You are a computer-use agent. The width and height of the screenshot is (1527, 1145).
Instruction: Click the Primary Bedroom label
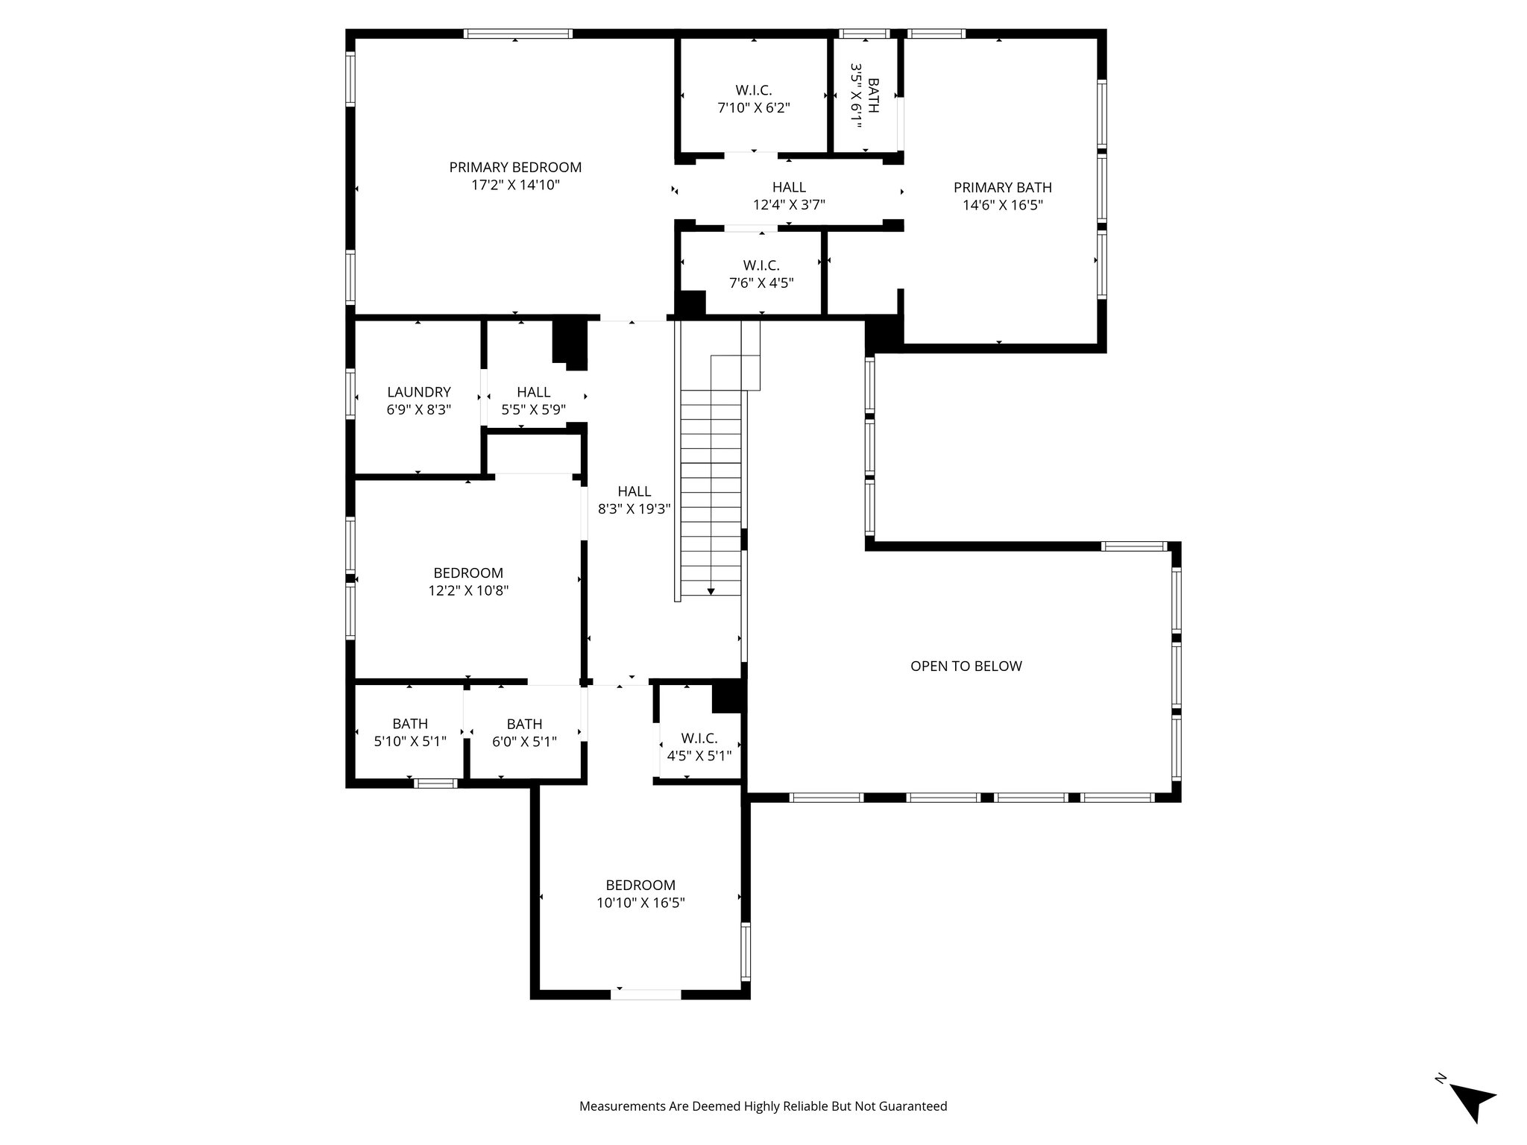point(515,168)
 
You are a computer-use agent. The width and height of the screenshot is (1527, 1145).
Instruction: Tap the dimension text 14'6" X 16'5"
point(1002,205)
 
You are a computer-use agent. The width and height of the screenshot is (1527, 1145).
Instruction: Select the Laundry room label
point(419,392)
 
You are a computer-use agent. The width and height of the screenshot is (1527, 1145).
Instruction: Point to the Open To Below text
point(966,666)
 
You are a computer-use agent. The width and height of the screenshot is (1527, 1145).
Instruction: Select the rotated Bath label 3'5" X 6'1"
point(865,96)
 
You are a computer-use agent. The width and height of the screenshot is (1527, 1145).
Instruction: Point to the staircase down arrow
point(711,590)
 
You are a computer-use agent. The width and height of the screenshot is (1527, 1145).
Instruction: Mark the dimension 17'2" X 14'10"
point(515,186)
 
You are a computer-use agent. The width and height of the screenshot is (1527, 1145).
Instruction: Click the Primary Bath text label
point(1002,188)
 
